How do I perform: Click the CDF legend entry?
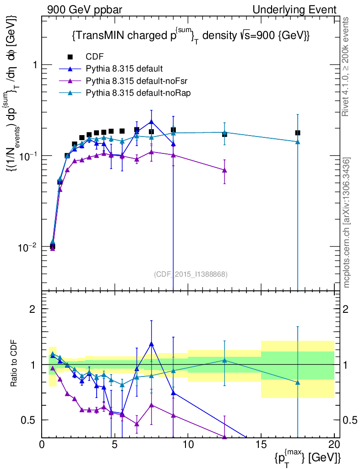94,57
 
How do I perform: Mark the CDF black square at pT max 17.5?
298,133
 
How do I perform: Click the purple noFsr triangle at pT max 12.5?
224,170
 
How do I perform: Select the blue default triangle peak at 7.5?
152,122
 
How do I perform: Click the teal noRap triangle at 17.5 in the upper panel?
298,142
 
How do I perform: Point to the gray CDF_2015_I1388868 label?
191,274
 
